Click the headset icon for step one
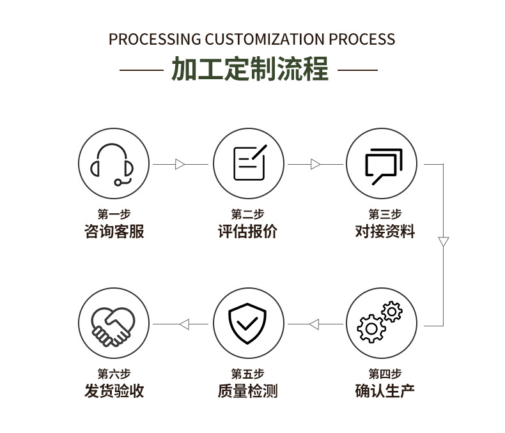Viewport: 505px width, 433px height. pyautogui.click(x=114, y=163)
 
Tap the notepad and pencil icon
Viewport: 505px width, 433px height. pyautogui.click(x=248, y=163)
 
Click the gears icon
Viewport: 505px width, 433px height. pyautogui.click(x=381, y=323)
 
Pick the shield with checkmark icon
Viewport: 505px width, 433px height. pyautogui.click(x=248, y=323)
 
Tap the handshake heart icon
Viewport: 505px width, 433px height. pyautogui.click(x=114, y=323)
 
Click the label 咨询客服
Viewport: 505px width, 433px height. pyautogui.click(x=114, y=231)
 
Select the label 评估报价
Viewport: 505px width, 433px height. pyautogui.click(x=248, y=231)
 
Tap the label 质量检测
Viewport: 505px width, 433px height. pyautogui.click(x=248, y=390)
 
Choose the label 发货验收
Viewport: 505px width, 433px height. pyautogui.click(x=114, y=390)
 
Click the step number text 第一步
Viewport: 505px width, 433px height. pyautogui.click(x=114, y=215)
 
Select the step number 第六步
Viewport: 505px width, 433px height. pyautogui.click(x=114, y=374)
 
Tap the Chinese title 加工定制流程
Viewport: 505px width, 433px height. pyautogui.click(x=250, y=69)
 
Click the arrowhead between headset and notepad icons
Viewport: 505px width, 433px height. pyautogui.click(x=180, y=164)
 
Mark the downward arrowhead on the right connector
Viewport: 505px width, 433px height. pyautogui.click(x=443, y=242)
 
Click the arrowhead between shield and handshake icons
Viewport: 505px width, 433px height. pyautogui.click(x=184, y=324)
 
